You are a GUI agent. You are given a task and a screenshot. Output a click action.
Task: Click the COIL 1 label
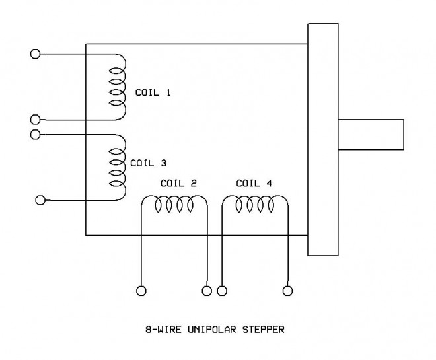point(153,93)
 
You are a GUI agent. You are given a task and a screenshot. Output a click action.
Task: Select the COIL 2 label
point(178,183)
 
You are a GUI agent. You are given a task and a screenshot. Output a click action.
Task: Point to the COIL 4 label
point(254,183)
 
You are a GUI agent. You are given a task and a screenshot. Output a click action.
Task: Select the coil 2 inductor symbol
point(174,206)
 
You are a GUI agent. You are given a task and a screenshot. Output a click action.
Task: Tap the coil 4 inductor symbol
point(254,206)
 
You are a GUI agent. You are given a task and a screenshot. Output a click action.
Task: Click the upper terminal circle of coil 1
point(36,54)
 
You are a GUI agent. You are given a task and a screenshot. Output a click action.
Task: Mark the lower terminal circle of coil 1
point(36,120)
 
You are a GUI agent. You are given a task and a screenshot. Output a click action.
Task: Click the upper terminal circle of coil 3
point(36,135)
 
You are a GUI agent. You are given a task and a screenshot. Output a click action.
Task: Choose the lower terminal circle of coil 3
point(40,199)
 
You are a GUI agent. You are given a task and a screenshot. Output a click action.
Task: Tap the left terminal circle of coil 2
point(141,289)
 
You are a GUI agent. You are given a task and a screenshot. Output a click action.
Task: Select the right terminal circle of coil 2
point(207,289)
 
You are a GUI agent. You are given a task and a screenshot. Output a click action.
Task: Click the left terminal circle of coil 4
point(222,289)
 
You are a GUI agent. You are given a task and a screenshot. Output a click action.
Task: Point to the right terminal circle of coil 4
point(287,289)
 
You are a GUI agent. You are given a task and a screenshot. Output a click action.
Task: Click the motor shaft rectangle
point(370,135)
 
